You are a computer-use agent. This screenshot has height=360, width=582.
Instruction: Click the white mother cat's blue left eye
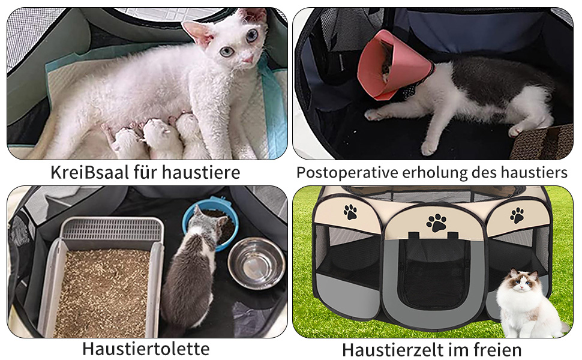pos(226,52)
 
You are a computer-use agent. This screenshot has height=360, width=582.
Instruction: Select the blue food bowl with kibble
pos(211,223)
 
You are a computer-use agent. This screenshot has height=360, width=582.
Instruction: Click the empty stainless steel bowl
pos(256,263)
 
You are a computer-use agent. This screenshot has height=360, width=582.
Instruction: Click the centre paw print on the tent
pos(437,223)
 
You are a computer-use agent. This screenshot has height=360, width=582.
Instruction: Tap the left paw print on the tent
pos(350,212)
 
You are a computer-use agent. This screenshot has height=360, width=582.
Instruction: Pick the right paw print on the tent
pos(517,215)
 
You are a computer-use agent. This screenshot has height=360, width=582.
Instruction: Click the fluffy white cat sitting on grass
pos(529,304)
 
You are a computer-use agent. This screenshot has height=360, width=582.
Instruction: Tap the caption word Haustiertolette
pos(146,349)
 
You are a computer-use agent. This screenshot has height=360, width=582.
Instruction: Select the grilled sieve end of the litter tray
pos(112,228)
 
